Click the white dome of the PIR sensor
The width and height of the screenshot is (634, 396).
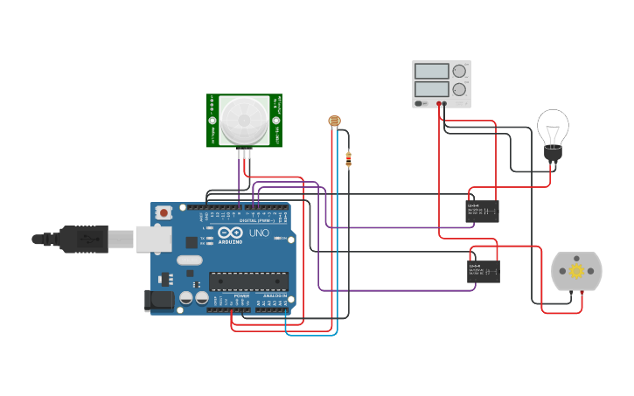tap(244, 120)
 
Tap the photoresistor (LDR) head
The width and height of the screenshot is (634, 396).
tap(333, 121)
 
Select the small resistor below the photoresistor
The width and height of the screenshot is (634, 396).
tap(349, 159)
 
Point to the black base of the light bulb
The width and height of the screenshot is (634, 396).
tap(553, 154)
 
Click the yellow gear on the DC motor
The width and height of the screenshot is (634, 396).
tap(576, 271)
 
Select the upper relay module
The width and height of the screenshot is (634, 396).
tap(483, 211)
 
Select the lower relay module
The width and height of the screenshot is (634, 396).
tap(483, 271)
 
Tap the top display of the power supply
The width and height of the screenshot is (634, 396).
tap(432, 71)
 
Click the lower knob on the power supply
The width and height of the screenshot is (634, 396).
tap(459, 89)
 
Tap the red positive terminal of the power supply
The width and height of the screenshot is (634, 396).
tap(439, 104)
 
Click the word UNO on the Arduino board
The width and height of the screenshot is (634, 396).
tap(260, 234)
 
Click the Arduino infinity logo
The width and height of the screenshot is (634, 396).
tap(229, 234)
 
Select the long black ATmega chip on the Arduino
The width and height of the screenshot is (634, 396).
tap(248, 281)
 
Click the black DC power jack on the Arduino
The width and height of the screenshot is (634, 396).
tap(159, 300)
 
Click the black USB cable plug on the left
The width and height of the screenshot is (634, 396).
tap(84, 239)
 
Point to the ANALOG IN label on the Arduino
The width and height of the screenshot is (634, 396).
tap(273, 296)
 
